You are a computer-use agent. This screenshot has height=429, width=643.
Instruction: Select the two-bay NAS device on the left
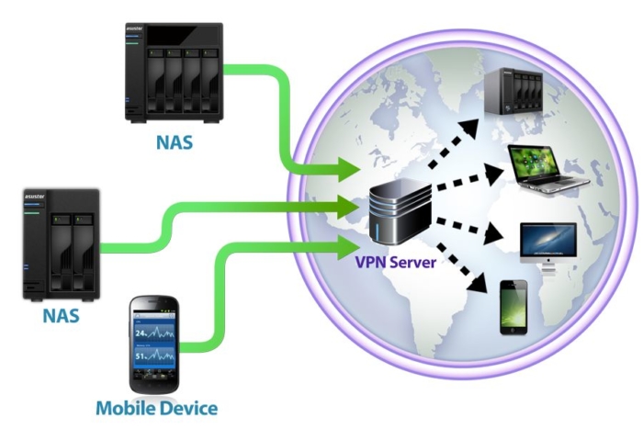61,244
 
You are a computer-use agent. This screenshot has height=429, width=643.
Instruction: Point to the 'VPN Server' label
396,262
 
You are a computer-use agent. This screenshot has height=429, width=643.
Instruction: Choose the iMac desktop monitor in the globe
547,244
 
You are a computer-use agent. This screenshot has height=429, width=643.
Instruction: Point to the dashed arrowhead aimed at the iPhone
479,287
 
